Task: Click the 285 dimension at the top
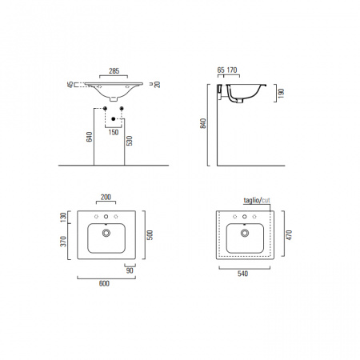tap(114, 71)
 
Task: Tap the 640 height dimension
tap(90, 137)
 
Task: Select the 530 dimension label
tap(130, 141)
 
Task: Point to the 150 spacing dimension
tap(114, 132)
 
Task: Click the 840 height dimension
tap(203, 123)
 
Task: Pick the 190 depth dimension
tap(281, 94)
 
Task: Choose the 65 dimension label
tap(221, 70)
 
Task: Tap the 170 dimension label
tap(232, 70)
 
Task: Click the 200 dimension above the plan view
tap(106, 197)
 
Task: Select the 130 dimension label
tap(63, 218)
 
